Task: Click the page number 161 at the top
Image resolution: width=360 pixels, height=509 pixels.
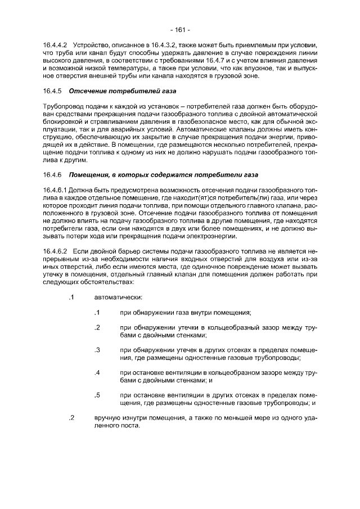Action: (x=180, y=29)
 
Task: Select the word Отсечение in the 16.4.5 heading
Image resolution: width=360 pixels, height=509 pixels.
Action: (x=86, y=91)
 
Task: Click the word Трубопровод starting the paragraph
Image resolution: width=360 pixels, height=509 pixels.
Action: (x=64, y=106)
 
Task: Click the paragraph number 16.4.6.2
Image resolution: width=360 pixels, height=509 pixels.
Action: (x=55, y=251)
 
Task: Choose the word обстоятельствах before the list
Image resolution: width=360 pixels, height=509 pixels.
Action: (x=106, y=282)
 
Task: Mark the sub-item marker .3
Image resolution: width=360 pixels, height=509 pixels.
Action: (x=97, y=349)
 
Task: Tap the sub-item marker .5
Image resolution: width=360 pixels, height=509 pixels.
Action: (x=97, y=395)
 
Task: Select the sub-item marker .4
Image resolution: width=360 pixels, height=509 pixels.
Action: (x=97, y=372)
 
